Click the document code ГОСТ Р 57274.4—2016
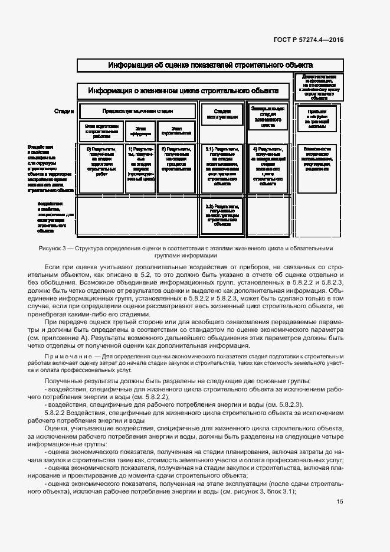pyautogui.click(x=309, y=40)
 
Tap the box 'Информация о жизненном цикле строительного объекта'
pyautogui.click(x=183, y=91)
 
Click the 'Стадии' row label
pyautogui.click(x=64, y=111)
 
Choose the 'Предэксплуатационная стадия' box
pyautogui.click(x=137, y=111)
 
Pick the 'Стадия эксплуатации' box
pyautogui.click(x=222, y=113)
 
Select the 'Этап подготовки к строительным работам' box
pyautogui.click(x=101, y=130)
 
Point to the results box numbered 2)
pyautogui.click(x=176, y=159)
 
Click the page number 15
pyautogui.click(x=340, y=502)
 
